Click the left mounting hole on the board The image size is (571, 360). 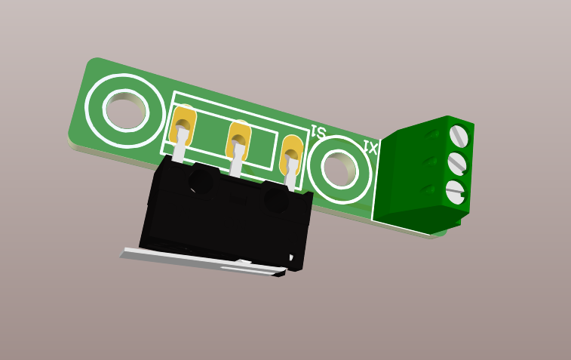(124, 110)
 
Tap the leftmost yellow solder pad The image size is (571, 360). (183, 125)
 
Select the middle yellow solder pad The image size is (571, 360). (239, 137)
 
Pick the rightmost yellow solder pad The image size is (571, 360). (292, 153)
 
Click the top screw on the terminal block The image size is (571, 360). (459, 136)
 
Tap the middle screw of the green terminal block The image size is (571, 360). (457, 163)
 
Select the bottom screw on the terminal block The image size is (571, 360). (455, 192)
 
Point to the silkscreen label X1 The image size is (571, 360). (370, 147)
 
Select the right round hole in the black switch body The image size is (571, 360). (276, 200)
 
